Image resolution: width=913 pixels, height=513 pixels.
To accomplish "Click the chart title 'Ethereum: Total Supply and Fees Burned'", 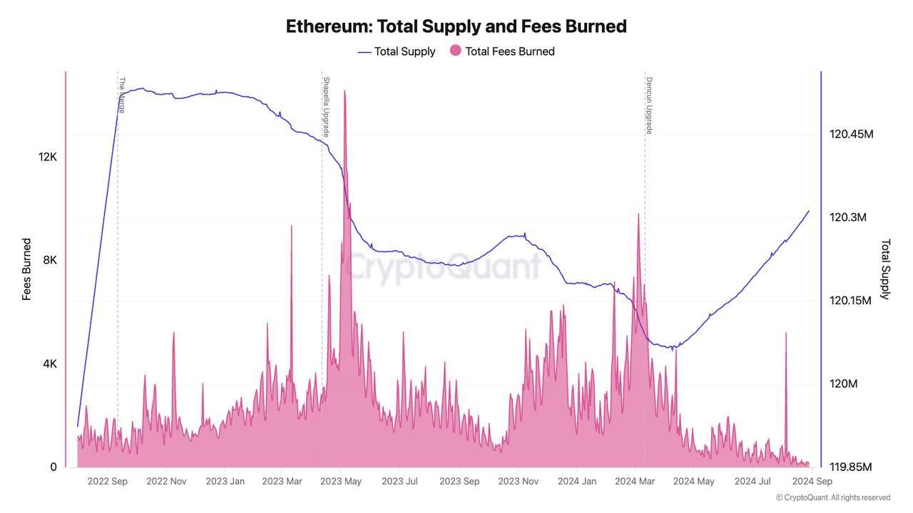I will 456,26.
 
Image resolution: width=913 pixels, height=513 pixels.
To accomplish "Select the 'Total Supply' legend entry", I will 404,51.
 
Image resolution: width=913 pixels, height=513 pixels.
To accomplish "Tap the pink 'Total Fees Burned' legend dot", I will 455,51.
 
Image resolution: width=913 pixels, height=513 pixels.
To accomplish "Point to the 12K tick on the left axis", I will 48,157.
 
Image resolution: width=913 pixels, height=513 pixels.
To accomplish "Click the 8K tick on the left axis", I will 50,260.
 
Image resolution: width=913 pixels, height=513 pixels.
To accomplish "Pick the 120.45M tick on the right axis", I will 851,134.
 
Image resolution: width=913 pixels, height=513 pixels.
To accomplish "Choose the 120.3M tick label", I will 847,217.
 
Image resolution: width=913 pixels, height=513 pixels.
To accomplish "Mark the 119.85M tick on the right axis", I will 850,467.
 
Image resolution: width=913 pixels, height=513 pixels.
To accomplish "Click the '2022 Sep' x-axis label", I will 108,481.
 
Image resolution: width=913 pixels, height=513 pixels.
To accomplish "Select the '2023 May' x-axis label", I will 341,481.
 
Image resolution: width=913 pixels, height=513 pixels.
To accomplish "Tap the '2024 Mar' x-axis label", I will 635,481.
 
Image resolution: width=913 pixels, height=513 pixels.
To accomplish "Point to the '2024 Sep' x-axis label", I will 812,481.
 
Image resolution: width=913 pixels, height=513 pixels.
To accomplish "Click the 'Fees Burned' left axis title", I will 26,269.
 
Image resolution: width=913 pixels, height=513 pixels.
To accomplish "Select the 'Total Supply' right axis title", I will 885,269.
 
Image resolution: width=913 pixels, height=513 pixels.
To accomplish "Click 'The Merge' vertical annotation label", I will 122,95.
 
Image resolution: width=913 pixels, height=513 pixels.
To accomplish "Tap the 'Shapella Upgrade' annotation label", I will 326,106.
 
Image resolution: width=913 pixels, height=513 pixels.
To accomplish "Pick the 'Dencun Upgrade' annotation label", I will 649,105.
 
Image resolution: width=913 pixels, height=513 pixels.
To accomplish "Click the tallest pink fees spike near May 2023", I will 345,93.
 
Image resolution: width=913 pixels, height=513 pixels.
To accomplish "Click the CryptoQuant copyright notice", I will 833,497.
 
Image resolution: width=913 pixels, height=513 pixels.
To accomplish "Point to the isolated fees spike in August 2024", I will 786,335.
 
